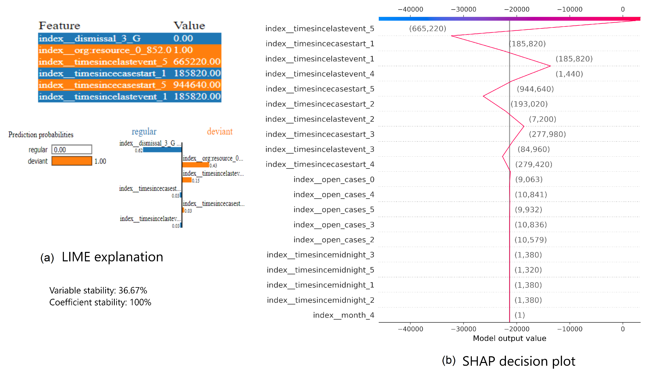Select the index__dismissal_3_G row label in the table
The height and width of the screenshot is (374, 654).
click(90, 39)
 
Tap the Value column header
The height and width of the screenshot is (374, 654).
click(189, 26)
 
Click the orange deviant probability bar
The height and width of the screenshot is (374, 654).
click(72, 161)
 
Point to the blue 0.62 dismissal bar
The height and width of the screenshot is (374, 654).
click(162, 150)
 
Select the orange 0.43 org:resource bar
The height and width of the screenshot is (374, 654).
click(195, 165)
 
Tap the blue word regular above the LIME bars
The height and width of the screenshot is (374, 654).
click(144, 132)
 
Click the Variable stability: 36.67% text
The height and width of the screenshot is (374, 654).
click(98, 290)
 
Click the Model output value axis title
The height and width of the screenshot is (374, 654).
click(509, 338)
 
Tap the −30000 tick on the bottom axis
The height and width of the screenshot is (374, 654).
click(463, 329)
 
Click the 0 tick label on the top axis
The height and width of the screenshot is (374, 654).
click(622, 9)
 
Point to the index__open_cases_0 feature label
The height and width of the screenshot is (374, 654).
click(334, 180)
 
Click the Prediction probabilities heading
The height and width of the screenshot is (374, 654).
click(41, 135)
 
